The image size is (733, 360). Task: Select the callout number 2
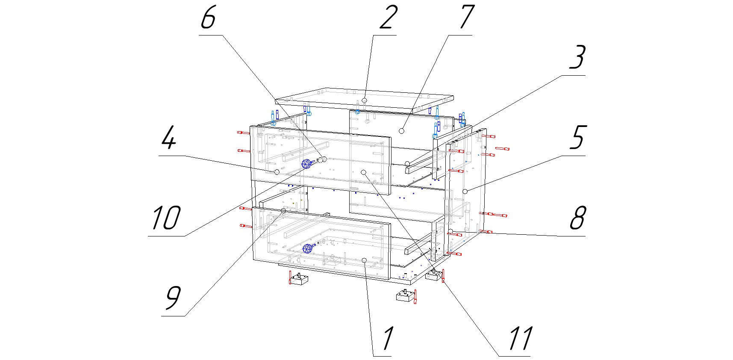coord(388,18)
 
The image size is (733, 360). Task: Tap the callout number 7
coord(466,18)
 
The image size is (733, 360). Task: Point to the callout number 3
coord(577,57)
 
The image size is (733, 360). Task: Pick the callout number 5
coord(577,138)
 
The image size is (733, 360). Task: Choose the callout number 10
coord(166,218)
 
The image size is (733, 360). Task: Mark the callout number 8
coord(577,218)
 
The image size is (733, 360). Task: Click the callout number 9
coord(173,298)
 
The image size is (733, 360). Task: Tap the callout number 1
coord(387,338)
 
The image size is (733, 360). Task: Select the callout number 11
coord(520,338)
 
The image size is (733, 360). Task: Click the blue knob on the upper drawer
coord(306,164)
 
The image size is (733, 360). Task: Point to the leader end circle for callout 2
coord(364,100)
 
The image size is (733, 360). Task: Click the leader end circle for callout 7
coord(401,130)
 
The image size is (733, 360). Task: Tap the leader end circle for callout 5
coord(465,191)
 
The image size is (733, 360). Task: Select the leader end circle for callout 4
coord(277,171)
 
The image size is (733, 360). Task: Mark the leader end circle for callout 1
coord(364,260)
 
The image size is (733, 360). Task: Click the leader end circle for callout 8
coord(450,231)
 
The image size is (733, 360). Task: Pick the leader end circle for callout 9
coord(283,211)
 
